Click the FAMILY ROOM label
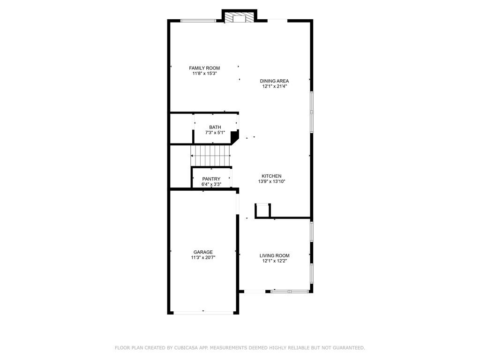(204, 68)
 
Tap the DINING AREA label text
(274, 81)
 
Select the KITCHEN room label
(271, 176)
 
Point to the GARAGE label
(203, 252)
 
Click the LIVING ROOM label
(274, 255)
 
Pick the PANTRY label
(211, 179)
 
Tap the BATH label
(215, 127)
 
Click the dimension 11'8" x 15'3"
(204, 74)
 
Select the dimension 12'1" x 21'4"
(274, 86)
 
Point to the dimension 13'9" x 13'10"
(271, 181)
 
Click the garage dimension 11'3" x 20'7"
(203, 257)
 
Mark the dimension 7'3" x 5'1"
(215, 133)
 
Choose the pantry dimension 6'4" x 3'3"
(211, 184)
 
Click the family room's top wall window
(198, 20)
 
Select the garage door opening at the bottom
(203, 312)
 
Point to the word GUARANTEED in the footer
(347, 348)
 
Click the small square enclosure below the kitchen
(262, 210)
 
